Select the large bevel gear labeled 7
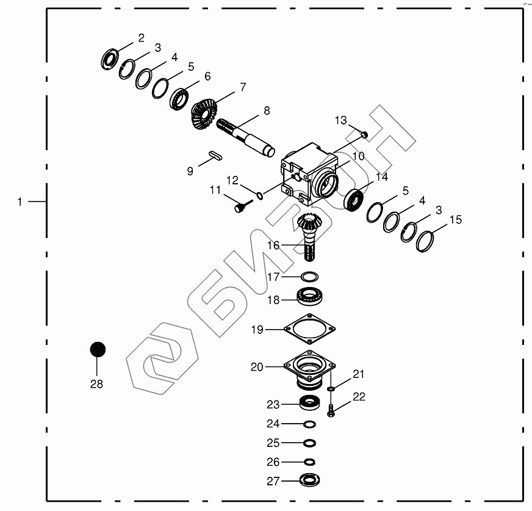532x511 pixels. pyautogui.click(x=204, y=115)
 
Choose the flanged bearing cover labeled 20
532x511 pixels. pyautogui.click(x=310, y=370)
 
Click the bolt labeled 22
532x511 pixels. pyautogui.click(x=331, y=410)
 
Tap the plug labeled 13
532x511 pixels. pyautogui.click(x=362, y=133)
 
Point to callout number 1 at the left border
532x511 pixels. pyautogui.click(x=20, y=201)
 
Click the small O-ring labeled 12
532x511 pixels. pyautogui.click(x=260, y=195)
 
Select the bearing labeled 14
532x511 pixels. pyautogui.click(x=354, y=200)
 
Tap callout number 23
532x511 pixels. pyautogui.click(x=273, y=405)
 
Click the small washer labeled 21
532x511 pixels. pyautogui.click(x=331, y=388)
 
